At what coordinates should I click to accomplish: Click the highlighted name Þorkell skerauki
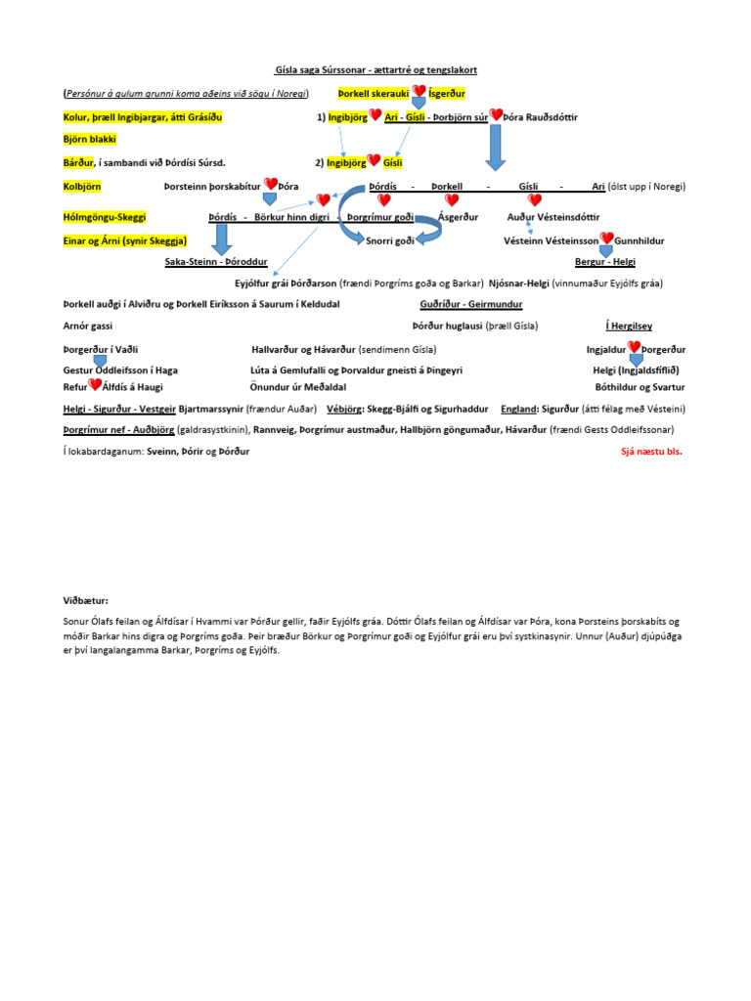374,93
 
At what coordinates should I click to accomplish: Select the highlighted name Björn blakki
89,140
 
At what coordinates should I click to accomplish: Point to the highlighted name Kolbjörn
82,186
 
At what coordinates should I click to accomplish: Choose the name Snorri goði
390,239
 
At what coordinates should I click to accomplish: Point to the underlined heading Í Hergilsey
628,326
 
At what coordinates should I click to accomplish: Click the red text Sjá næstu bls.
652,452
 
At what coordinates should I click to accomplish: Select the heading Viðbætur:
86,600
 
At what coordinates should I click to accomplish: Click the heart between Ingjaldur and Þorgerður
634,348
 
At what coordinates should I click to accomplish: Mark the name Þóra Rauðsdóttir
543,116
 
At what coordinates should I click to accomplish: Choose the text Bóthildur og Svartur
639,387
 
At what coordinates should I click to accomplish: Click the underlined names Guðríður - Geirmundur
470,304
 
